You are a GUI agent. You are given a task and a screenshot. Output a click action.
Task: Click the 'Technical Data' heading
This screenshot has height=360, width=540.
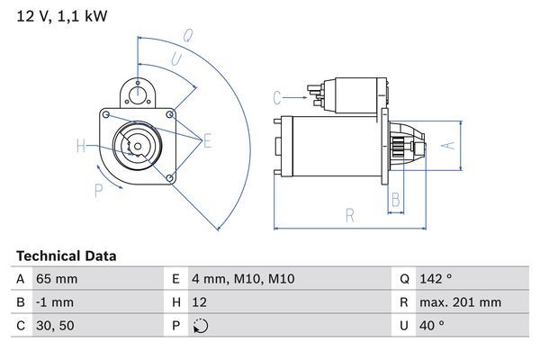point(67,256)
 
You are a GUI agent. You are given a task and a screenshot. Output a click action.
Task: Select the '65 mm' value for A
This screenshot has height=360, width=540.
point(55,279)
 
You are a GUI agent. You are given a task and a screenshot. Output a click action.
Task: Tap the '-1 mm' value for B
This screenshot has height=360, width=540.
point(54,302)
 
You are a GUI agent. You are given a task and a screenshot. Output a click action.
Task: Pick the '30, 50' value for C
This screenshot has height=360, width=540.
point(54,326)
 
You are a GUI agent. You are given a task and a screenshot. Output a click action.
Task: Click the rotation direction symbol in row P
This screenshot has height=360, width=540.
point(200,326)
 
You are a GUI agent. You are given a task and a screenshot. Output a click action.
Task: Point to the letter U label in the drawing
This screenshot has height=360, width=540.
point(176,58)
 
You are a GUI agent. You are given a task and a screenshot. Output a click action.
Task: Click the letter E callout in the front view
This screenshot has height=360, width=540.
point(207,139)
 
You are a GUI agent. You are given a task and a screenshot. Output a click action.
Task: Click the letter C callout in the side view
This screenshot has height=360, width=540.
point(277,96)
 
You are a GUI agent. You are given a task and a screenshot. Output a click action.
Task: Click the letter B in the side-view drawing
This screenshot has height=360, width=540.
point(395,200)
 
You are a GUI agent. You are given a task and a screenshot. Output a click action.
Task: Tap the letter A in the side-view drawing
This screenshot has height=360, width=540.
point(453,144)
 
